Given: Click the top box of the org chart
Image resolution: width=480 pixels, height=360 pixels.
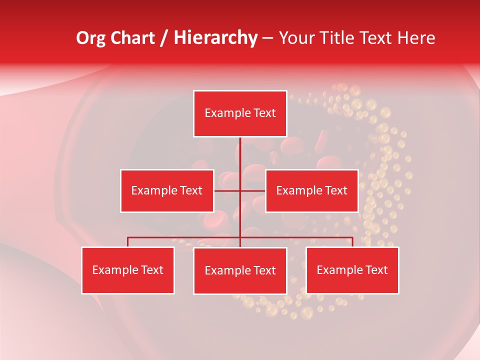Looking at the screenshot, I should click(240, 113).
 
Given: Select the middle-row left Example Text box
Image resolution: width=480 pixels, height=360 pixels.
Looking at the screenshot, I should click(167, 190).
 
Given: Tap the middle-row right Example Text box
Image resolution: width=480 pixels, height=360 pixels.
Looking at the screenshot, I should click(311, 190).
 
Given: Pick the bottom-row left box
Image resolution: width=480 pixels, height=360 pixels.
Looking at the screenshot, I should click(127, 270).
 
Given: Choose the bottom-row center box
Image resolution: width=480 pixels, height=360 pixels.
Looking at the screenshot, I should click(240, 270).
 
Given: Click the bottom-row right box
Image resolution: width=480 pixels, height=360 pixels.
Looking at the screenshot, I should click(352, 270).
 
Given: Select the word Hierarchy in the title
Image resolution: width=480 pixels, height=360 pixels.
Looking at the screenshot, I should click(215, 38).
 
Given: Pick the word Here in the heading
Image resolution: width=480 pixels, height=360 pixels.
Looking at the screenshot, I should click(416, 38).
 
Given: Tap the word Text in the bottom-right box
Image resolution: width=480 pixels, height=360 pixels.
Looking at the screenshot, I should click(376, 270).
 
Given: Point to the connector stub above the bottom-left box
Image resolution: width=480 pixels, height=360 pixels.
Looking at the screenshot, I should click(127, 242).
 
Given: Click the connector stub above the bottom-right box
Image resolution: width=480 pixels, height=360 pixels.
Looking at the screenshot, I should click(352, 242).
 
